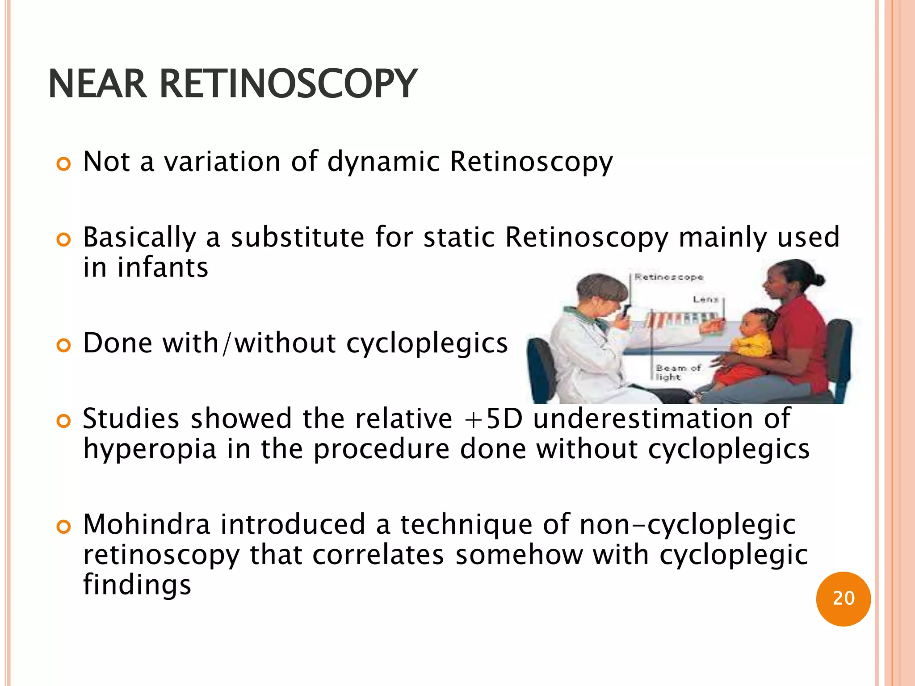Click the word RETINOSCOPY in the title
[288, 84]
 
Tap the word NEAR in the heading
[97, 84]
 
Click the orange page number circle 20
[843, 598]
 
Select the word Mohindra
[147, 524]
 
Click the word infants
[163, 268]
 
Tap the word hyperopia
[150, 449]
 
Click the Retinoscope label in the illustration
[669, 277]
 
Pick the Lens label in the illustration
[705, 299]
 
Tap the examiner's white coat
[576, 353]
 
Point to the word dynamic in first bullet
[383, 162]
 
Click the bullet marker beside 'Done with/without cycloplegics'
[64, 345]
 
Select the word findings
[137, 585]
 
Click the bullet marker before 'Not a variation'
[64, 164]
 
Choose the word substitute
[297, 237]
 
